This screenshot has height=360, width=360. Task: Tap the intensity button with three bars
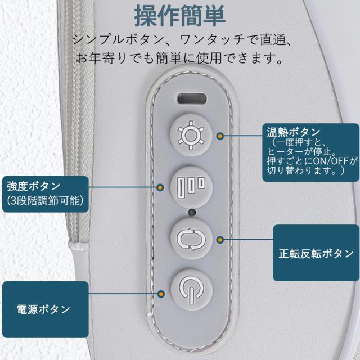pos(191,187)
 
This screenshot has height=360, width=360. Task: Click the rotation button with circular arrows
pos(191,239)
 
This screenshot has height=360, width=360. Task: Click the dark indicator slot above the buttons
pos(192,98)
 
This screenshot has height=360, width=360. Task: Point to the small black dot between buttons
pos(191,213)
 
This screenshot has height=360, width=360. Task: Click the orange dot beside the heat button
pos(220,136)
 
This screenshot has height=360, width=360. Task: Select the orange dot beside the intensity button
pos(160,187)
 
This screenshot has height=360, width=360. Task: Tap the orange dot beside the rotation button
pos(220,240)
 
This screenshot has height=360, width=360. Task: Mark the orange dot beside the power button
pos(161,294)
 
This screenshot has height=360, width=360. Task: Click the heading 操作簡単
pos(180,16)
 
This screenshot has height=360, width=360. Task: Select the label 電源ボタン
pos(43,309)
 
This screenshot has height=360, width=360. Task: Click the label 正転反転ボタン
pos(316,254)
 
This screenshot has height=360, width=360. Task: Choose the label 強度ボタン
pos(34,186)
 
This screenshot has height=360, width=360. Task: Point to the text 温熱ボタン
pos(293,132)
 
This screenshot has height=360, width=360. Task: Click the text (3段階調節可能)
pos(45,201)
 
